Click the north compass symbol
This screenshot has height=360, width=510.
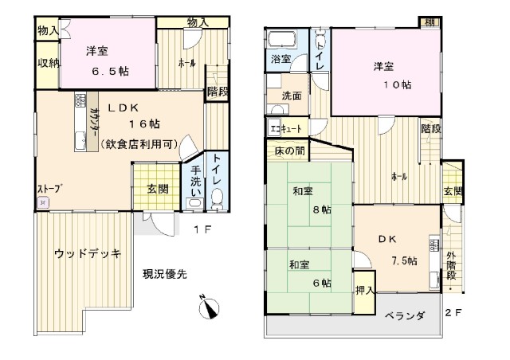click(x=206, y=305)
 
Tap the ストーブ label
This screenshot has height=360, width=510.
click(x=49, y=189)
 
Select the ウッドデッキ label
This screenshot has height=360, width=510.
click(x=88, y=254)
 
